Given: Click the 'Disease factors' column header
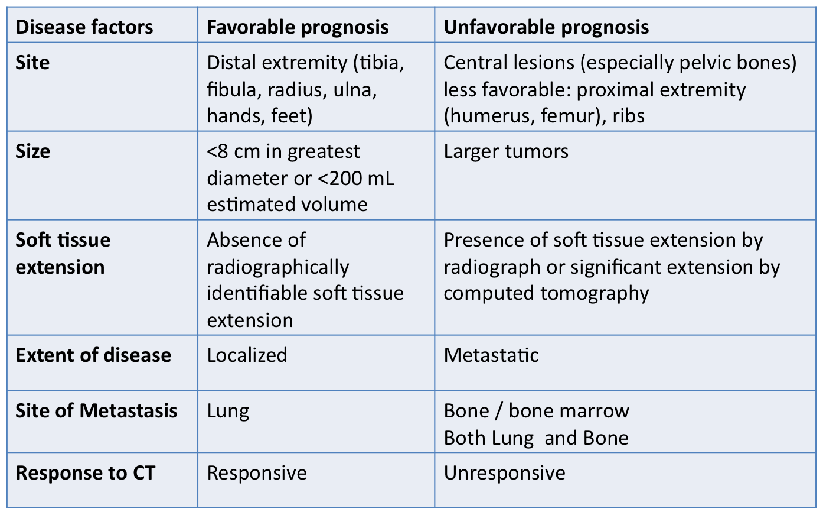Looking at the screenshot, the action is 84,27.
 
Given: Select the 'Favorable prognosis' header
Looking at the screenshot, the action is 298,28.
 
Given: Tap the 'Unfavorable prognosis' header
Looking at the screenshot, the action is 546,28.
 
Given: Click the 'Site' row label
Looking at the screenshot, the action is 32,63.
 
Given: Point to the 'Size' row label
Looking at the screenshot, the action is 32,151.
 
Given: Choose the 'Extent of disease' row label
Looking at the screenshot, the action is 93,355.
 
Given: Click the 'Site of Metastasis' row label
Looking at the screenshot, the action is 96,410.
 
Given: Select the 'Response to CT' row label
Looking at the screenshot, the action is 86,473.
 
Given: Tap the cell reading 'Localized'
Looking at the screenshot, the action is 247,355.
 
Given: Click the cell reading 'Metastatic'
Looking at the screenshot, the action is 491,355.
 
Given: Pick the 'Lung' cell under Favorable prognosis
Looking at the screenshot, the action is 228,412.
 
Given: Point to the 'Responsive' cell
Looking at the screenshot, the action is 257,473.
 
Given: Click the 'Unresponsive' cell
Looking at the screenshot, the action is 504,473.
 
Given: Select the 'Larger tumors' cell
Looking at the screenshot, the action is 506,151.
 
